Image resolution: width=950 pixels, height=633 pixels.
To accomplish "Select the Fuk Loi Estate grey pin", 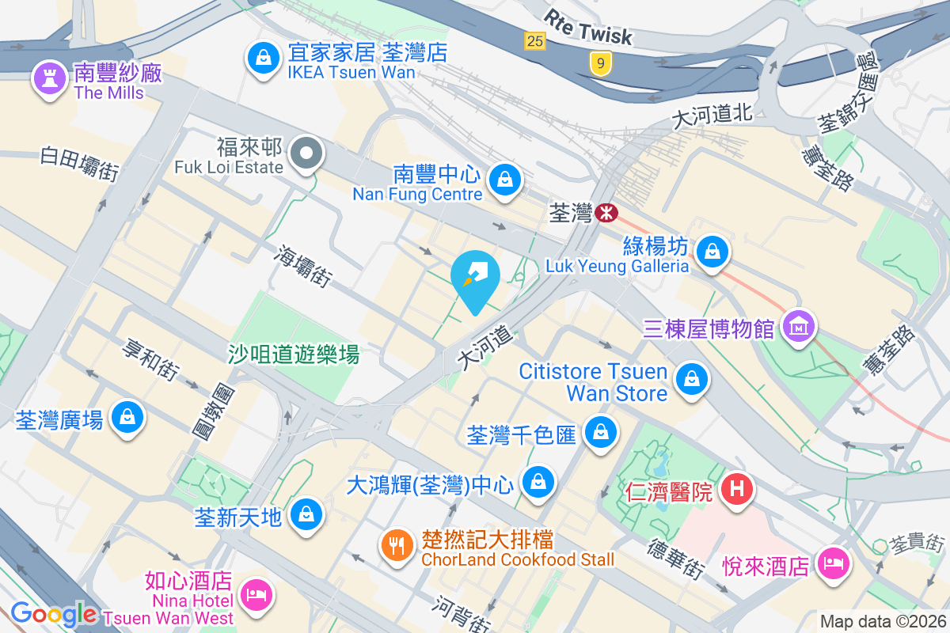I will tap(305, 153).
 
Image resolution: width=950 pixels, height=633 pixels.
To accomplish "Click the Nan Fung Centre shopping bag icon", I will tap(503, 179).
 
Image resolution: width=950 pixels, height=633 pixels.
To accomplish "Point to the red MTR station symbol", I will tap(607, 212).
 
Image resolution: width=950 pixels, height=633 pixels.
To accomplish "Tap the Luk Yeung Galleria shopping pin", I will tap(712, 252).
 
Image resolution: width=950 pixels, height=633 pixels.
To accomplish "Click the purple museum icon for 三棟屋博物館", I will tap(798, 325).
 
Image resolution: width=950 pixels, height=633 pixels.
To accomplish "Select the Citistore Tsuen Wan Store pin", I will tap(693, 379).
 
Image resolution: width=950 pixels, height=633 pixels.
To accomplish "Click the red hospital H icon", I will tap(736, 490).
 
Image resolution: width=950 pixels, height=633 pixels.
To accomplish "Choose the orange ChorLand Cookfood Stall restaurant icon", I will tap(395, 545).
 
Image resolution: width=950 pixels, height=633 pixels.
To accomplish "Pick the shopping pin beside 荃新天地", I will tap(305, 515).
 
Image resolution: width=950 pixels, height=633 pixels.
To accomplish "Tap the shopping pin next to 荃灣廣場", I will tap(126, 416).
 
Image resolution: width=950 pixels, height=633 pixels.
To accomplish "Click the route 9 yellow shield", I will tap(602, 64).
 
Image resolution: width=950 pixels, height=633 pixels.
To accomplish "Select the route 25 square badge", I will tap(536, 40).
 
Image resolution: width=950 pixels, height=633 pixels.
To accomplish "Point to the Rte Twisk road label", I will tap(588, 27).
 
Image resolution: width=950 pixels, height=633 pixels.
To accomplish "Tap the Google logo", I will tap(54, 614).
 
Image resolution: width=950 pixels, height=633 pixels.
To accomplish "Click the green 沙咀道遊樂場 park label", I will tap(294, 354).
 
